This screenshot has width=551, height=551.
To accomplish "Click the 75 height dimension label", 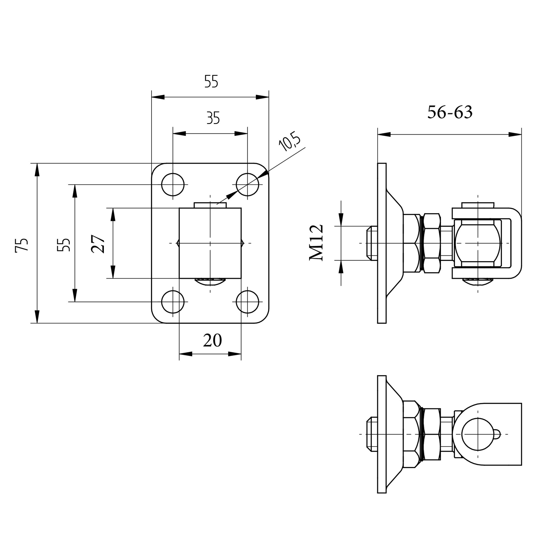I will (22, 245).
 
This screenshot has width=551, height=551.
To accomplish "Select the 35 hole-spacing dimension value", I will (213, 118).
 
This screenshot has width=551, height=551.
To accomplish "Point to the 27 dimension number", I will (98, 244).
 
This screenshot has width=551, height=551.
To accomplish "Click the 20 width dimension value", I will (212, 340).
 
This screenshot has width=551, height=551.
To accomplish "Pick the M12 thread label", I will (316, 243).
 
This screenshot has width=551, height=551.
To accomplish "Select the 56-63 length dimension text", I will (450, 112).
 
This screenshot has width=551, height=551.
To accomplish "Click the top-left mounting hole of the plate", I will (173, 185).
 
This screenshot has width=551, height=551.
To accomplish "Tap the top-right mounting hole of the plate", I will (247, 185).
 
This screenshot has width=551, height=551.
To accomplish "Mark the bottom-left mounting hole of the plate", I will (173, 302).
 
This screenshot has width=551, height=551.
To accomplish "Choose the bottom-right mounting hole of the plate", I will (247, 302).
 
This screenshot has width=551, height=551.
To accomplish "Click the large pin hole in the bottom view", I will (478, 434).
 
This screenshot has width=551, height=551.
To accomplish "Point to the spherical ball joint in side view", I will (478, 243).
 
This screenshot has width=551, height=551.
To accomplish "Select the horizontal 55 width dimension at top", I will (211, 82).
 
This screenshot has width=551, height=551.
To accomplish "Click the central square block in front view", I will (210, 243).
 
